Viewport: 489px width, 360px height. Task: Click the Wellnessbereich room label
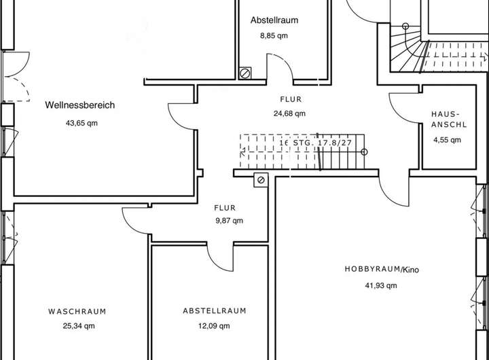pyautogui.click(x=80, y=105)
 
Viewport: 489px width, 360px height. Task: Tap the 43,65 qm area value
pyautogui.click(x=80, y=124)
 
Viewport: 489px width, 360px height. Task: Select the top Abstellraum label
pyautogui.click(x=274, y=20)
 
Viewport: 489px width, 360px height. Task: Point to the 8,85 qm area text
pyautogui.click(x=274, y=36)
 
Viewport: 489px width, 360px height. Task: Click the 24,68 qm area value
pyautogui.click(x=289, y=114)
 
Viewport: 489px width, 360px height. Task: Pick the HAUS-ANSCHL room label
pyautogui.click(x=446, y=120)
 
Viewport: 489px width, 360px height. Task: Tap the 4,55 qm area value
pyautogui.click(x=447, y=141)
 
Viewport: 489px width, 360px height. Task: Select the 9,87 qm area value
pyautogui.click(x=228, y=221)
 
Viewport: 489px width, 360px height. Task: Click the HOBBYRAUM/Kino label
pyautogui.click(x=382, y=270)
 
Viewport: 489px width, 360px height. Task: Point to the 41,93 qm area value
pyautogui.click(x=381, y=286)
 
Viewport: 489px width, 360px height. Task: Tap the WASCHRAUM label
pyautogui.click(x=77, y=311)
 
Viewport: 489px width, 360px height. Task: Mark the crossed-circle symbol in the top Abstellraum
pyautogui.click(x=244, y=72)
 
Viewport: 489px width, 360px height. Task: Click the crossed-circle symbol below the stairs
pyautogui.click(x=261, y=179)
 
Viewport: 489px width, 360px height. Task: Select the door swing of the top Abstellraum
pyautogui.click(x=278, y=68)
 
